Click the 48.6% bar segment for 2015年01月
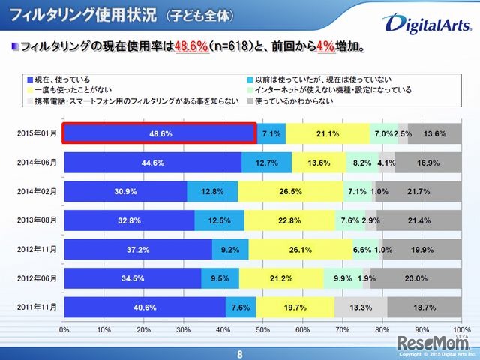(160, 133)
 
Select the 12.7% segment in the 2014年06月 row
(266, 162)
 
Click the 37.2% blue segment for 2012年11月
(138, 249)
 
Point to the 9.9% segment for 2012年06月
(343, 278)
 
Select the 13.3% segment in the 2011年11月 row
(360, 307)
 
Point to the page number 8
(240, 353)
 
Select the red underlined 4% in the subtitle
(324, 47)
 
